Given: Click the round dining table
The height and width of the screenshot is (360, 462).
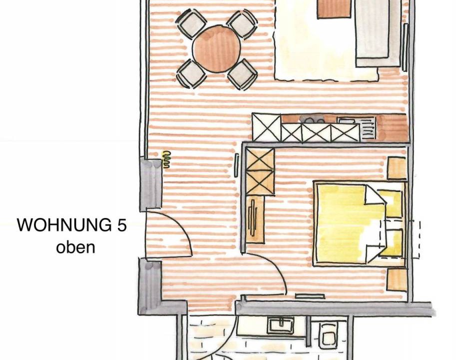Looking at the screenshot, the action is pos(217,48).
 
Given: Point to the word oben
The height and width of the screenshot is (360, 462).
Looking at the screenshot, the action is pos(75,247).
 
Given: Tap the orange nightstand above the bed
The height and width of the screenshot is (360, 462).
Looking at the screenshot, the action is pos(397,168).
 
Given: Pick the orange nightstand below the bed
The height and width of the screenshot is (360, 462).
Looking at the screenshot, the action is pos(397,279).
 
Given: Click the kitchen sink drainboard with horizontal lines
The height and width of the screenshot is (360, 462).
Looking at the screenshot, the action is pos(368,127).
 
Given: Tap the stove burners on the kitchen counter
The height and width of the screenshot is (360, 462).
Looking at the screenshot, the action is pos(312,119).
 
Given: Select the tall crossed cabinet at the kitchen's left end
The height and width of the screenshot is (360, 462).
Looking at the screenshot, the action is pos(267,127).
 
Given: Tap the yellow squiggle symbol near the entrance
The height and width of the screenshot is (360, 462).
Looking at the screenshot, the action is pos(167,159).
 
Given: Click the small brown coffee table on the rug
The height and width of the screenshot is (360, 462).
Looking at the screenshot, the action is pos(334,9).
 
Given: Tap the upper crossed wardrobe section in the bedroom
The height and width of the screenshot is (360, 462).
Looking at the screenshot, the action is pos(260,159).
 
